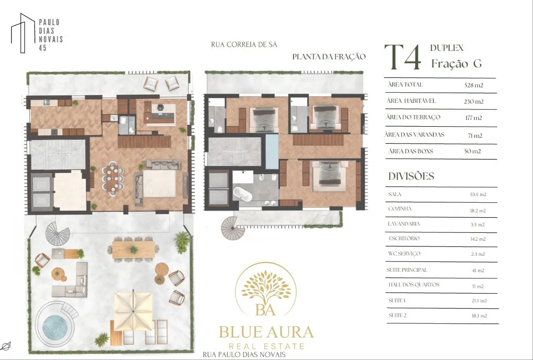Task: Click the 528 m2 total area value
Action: point(474,85)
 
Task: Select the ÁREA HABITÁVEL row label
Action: point(411,101)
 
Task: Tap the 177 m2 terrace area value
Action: point(474,118)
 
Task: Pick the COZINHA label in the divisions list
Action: point(400,209)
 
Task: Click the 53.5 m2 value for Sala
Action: point(478,195)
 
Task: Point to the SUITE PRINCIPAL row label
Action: point(407,270)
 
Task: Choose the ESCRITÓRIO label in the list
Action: point(404,239)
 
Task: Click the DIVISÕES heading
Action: point(412,176)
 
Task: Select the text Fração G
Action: point(457,64)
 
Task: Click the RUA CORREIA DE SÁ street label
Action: point(244,45)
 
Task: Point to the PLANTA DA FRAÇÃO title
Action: point(329,57)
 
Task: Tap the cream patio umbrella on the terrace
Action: point(133,311)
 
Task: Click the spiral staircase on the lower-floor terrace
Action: point(57,233)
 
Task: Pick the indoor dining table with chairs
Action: point(113,178)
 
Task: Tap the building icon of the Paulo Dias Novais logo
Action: point(23,33)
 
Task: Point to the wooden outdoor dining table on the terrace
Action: point(134,250)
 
